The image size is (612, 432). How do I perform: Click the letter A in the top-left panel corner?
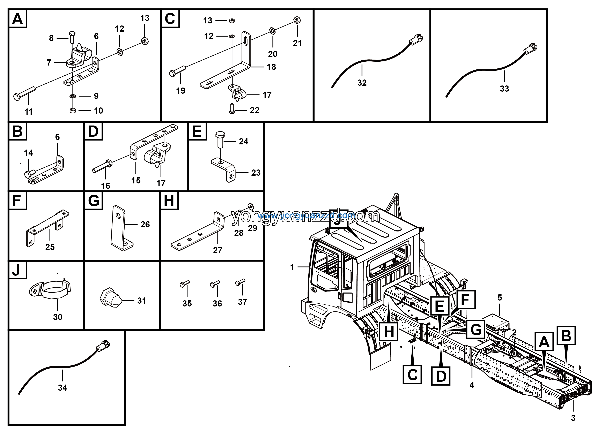click(18, 19)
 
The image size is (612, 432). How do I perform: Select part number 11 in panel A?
click(29, 112)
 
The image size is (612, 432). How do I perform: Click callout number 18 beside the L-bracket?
click(271, 67)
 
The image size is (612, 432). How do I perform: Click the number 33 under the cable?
click(504, 88)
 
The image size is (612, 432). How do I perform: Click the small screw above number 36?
click(215, 284)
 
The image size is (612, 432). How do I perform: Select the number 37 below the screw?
click(242, 302)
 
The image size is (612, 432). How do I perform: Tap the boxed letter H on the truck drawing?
click(389, 332)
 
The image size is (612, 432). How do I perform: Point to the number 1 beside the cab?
click(292, 267)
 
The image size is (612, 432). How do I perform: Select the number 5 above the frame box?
click(500, 298)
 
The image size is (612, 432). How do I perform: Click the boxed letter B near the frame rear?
click(566, 336)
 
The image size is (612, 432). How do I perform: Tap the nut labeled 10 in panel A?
click(73, 110)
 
